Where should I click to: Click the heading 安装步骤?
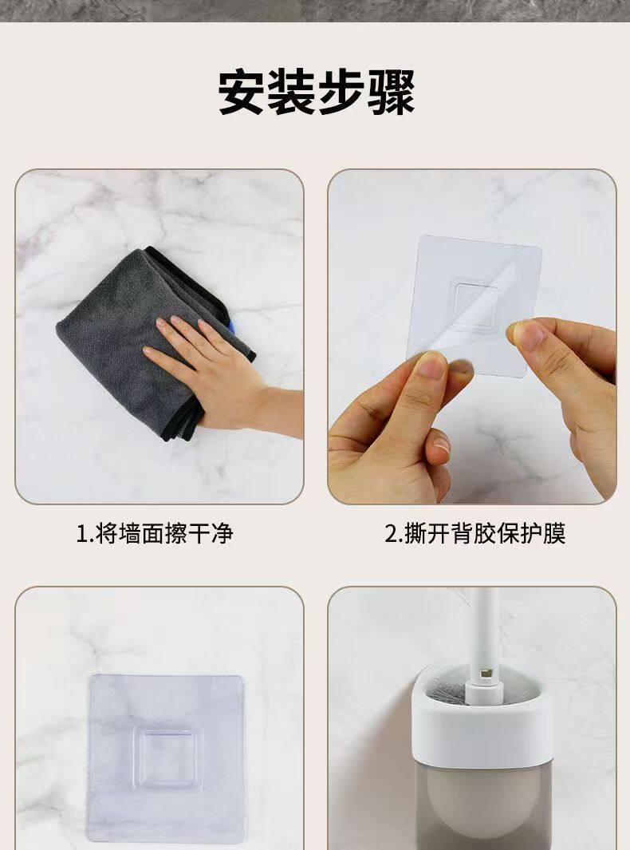[317, 92]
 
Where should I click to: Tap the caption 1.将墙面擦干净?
[155, 533]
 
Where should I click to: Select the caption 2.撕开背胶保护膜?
[475, 533]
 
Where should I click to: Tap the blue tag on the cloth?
[232, 327]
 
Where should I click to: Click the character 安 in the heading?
[242, 92]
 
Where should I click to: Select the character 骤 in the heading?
[391, 92]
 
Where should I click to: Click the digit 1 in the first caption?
[82, 534]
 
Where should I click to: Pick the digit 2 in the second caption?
[391, 534]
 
